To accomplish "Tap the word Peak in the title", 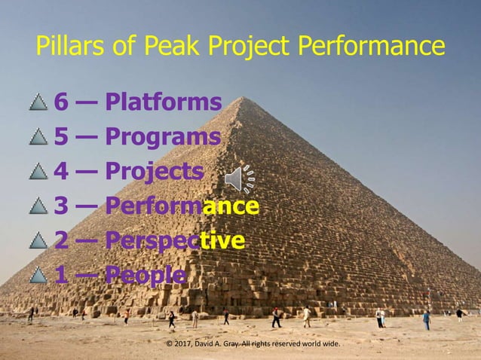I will pos(152,47).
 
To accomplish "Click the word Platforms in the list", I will pos(164,102).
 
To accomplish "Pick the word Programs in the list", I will pos(163,137).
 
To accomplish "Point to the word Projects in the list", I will pos(155,172).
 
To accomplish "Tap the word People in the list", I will pos(146,276).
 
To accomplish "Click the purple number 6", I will pos(60,102).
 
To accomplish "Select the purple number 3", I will pos(60,206).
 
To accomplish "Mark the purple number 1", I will pos(60,276).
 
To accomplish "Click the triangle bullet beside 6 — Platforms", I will pos(38,102).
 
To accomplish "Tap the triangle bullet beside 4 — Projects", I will pos(38,172).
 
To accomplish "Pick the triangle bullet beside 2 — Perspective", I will pos(38,242).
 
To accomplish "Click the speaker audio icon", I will pos(239,178).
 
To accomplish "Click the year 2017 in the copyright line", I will pos(185,344).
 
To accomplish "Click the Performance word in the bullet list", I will pos(182,206).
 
